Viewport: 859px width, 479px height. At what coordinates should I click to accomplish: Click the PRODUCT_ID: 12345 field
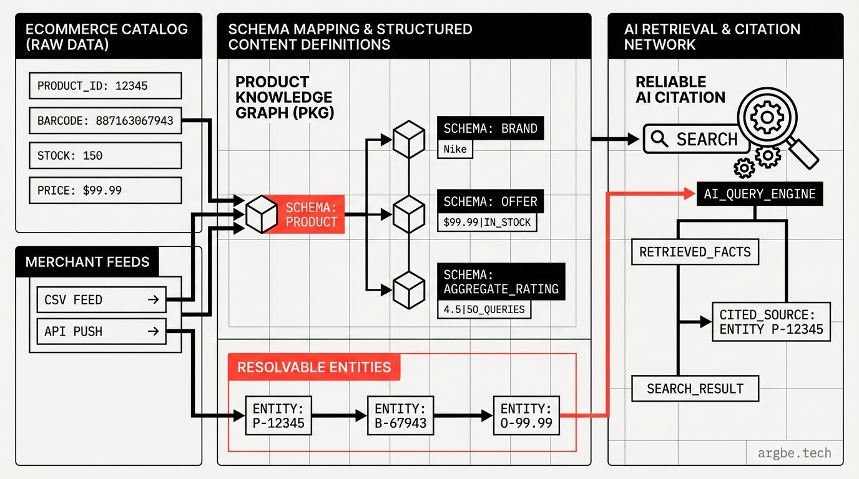coord(105,86)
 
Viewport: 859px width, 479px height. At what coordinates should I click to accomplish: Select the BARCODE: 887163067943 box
coord(105,121)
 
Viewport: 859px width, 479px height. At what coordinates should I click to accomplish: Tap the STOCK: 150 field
coord(105,155)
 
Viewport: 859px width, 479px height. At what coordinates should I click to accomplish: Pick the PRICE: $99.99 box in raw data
coord(105,190)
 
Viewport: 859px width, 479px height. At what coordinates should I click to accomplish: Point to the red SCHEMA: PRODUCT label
coord(311,215)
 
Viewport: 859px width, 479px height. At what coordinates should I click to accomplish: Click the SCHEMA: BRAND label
coord(490,129)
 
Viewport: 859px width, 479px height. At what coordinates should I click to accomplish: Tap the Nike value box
coord(455,150)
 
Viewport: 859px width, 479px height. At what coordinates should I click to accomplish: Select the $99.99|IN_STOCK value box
coord(487,222)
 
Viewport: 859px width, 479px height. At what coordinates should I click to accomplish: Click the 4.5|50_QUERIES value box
coord(484,309)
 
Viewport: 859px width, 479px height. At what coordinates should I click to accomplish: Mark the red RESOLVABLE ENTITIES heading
coord(314,367)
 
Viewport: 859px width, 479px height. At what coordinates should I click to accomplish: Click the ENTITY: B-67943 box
coord(400,416)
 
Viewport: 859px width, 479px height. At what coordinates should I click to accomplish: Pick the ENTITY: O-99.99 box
coord(526,416)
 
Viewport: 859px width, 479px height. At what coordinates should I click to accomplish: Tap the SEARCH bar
coord(696,139)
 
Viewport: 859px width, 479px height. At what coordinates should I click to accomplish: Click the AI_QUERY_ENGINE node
coord(759,193)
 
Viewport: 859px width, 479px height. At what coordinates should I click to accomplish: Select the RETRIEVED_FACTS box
coord(695,253)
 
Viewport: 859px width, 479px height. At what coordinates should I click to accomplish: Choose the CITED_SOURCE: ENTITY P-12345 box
coord(771,322)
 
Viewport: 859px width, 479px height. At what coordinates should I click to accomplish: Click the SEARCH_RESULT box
coord(695,389)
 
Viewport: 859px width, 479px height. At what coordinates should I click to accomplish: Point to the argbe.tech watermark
coord(794,453)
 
